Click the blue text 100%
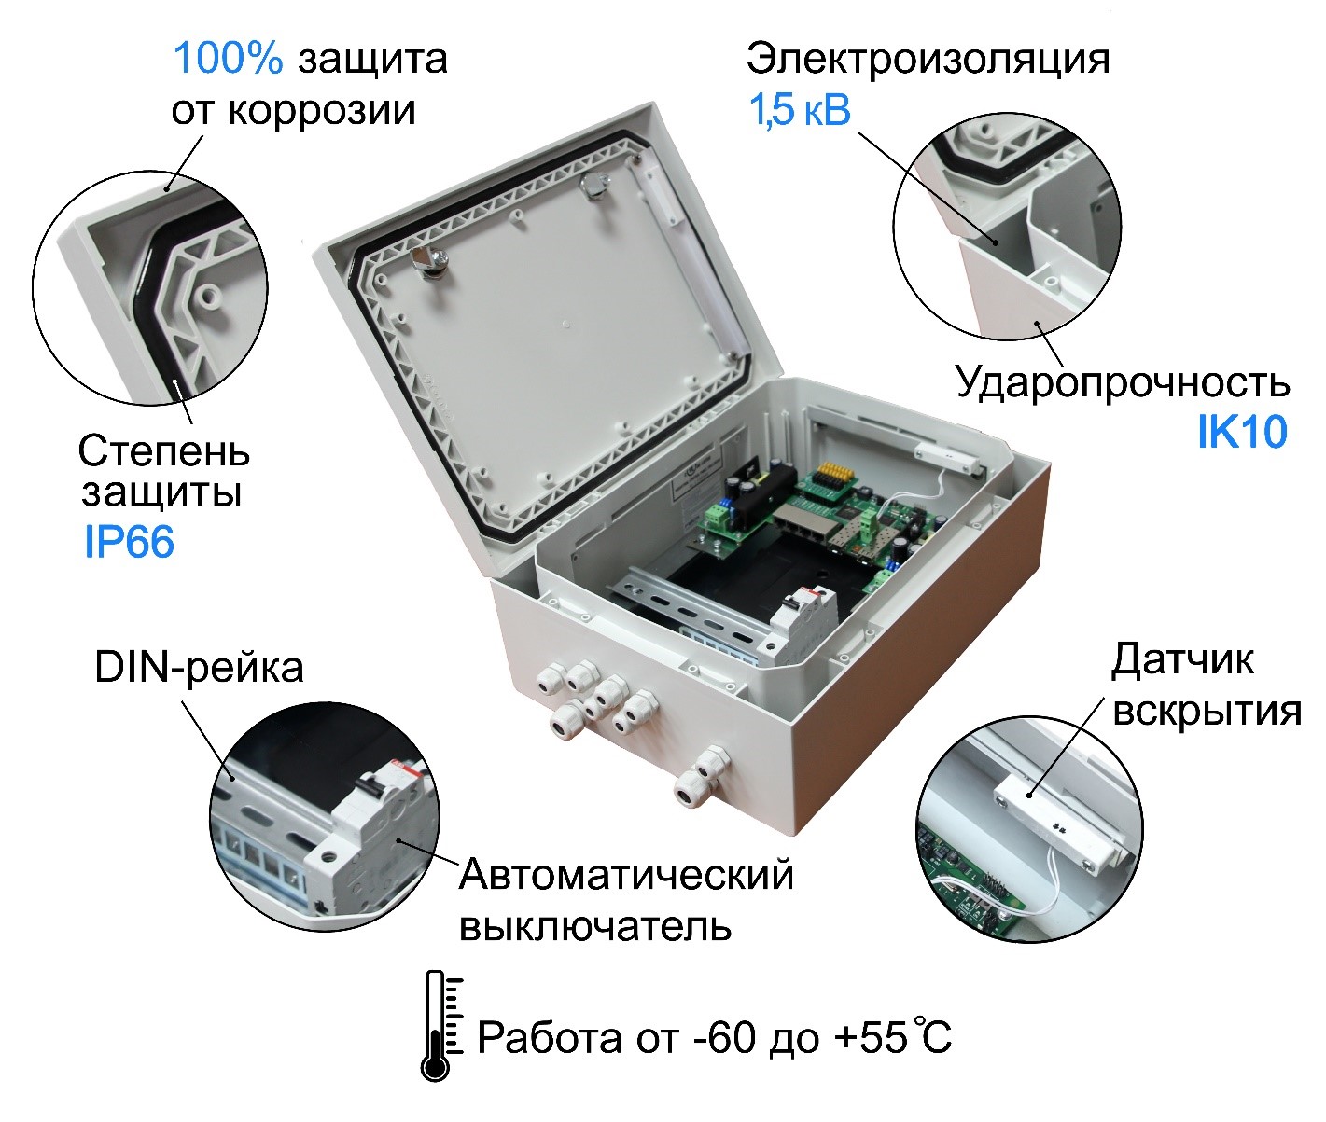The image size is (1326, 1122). click(x=229, y=59)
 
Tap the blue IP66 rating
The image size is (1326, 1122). click(x=129, y=542)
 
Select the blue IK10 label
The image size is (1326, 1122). click(x=1242, y=432)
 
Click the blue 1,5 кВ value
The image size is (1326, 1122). click(x=800, y=110)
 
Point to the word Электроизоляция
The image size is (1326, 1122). click(x=928, y=60)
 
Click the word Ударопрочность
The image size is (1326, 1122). click(x=1123, y=382)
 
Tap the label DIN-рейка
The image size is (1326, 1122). click(x=199, y=668)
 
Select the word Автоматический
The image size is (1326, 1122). click(x=626, y=875)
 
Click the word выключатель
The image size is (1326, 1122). click(x=595, y=926)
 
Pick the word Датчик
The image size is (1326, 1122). click(x=1182, y=661)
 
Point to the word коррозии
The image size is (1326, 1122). click(x=322, y=111)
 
